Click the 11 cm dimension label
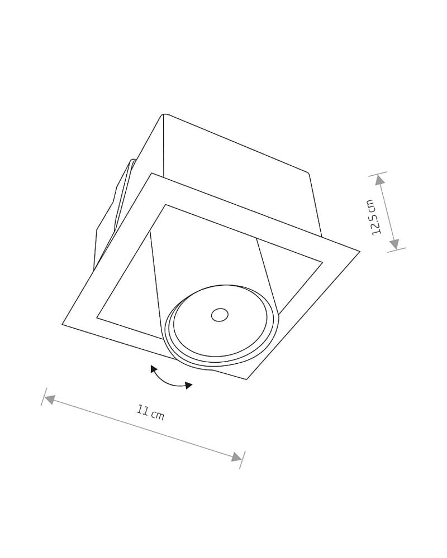pyautogui.click(x=150, y=413)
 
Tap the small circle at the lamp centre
pyautogui.click(x=220, y=315)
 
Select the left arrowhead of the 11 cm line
pyautogui.click(x=49, y=400)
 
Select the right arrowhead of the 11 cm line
pyautogui.click(x=237, y=457)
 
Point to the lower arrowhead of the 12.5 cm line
pyautogui.click(x=393, y=244)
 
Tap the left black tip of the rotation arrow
pyautogui.click(x=153, y=369)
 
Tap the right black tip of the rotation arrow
pyautogui.click(x=189, y=386)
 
